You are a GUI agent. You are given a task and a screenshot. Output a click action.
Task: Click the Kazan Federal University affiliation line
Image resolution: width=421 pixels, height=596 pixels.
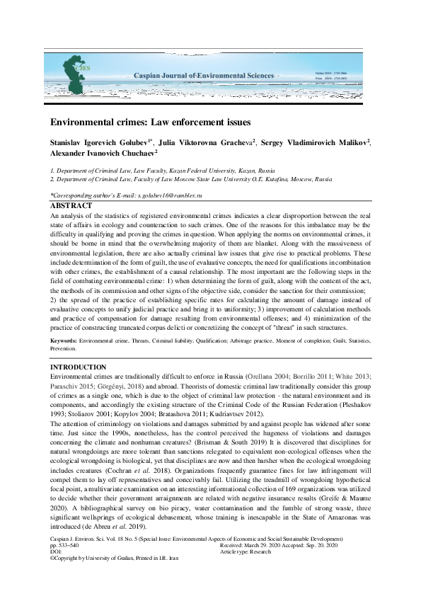(x=163, y=171)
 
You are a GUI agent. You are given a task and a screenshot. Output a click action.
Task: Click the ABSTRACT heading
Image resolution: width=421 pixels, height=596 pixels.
(x=71, y=205)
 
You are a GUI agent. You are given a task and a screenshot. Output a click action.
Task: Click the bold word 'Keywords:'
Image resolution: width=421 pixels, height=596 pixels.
(x=64, y=341)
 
